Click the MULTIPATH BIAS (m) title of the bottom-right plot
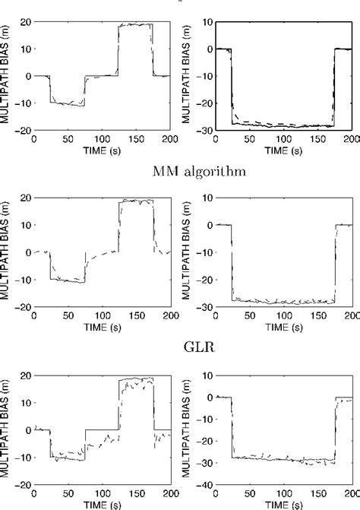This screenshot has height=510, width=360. tap(191, 429)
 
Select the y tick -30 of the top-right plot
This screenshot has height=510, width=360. tap(204, 130)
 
